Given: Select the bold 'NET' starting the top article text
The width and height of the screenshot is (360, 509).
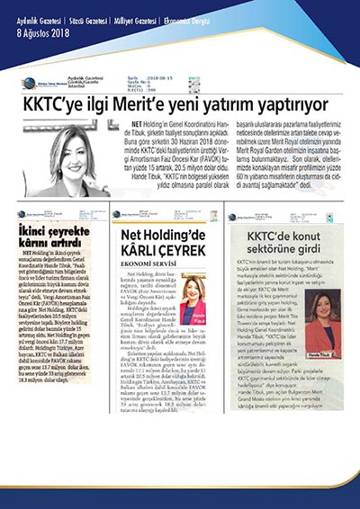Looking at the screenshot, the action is [x=137, y=121].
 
